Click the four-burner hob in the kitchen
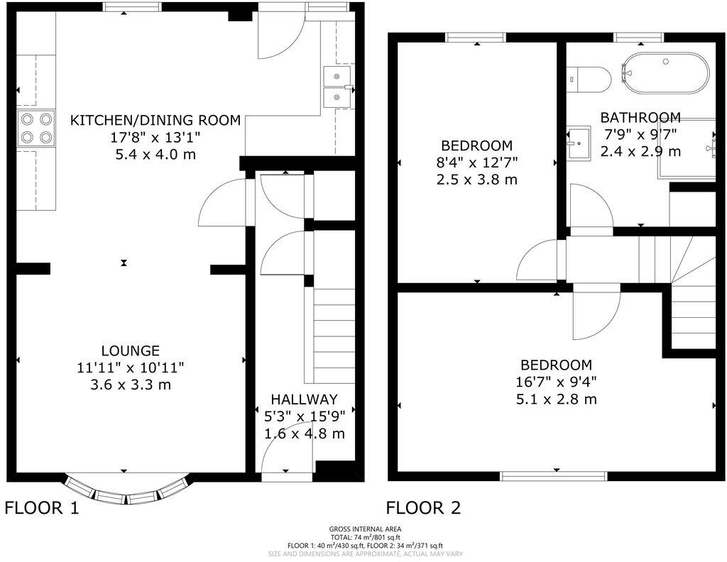click(37, 128)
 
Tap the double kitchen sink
click(339, 87)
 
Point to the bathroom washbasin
click(579, 143)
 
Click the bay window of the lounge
click(128, 491)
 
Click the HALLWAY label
click(304, 400)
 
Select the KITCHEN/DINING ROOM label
click(155, 119)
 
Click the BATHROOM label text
click(640, 118)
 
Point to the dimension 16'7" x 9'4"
click(557, 382)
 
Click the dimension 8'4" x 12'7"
click(476, 162)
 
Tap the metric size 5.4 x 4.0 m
click(155, 153)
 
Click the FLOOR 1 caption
click(42, 508)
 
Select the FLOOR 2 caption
click(423, 508)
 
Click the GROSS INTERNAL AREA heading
click(365, 529)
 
